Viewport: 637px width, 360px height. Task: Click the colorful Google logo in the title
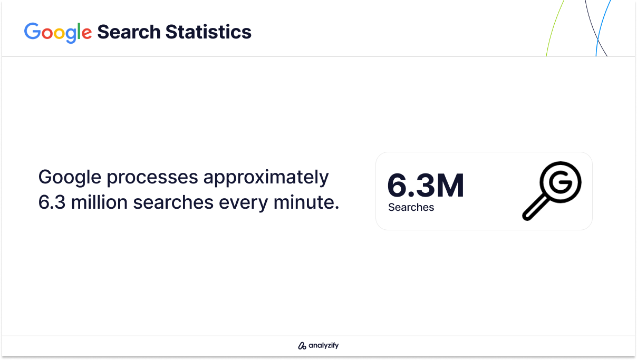[58, 33]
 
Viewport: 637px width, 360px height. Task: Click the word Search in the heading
[129, 32]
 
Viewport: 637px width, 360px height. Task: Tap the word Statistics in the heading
[208, 32]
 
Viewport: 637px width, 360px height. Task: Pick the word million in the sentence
[99, 202]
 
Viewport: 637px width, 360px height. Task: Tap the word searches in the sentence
[173, 202]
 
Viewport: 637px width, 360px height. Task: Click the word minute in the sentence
[306, 202]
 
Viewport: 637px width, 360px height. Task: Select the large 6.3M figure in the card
[426, 186]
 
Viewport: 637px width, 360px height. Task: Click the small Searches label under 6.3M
[411, 207]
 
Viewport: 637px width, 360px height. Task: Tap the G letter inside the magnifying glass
[561, 182]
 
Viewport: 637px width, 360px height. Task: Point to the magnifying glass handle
[535, 208]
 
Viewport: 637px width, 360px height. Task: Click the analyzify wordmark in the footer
[324, 345]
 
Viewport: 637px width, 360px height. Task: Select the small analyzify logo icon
[302, 346]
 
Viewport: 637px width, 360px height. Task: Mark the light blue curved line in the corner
[602, 28]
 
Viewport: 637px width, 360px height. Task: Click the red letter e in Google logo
[86, 33]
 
